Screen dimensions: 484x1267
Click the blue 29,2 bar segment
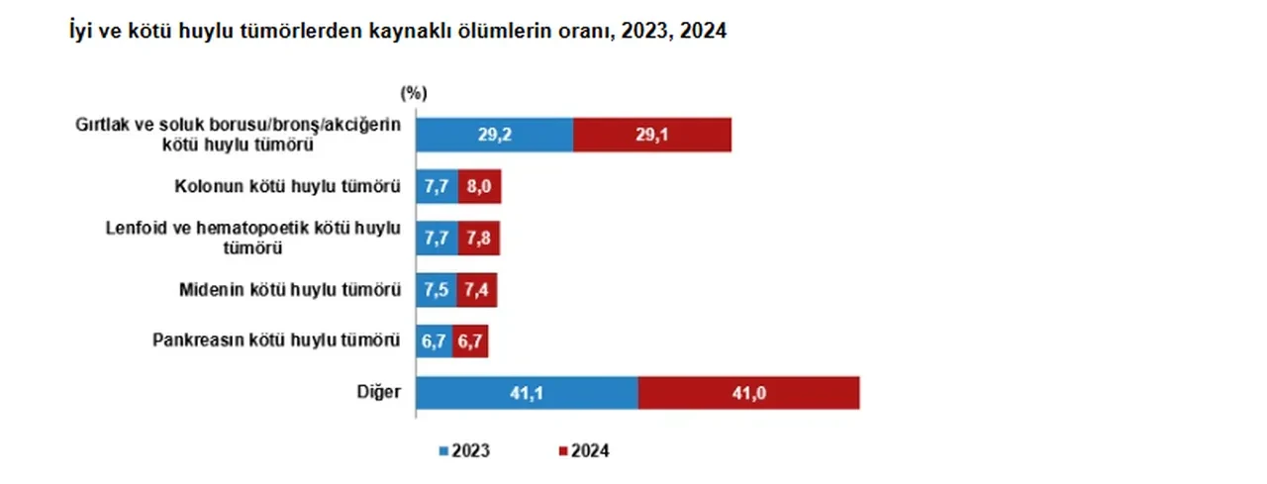pos(494,135)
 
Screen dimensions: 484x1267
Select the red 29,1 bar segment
pos(651,135)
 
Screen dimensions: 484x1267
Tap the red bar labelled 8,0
pos(479,186)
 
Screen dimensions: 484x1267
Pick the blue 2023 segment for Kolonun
pos(437,186)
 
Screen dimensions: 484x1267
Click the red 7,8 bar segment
pos(478,238)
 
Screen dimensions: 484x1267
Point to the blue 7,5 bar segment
pos(436,289)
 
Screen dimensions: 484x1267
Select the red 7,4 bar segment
pos(475,289)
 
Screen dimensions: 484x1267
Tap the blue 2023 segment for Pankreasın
pos(434,340)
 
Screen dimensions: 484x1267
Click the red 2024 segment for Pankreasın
pos(470,340)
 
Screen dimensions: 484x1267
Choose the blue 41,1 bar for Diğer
pos(527,392)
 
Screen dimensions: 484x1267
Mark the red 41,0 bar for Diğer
pos(748,392)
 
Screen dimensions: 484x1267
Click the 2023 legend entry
pos(465,450)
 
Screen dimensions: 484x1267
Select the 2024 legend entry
pos(584,450)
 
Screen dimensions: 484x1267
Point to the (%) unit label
pos(414,94)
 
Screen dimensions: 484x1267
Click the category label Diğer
pos(379,392)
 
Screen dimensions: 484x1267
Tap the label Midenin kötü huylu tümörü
pos(290,289)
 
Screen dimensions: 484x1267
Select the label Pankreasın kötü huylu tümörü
pos(276,340)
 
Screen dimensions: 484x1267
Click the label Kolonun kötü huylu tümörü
pos(287,186)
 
